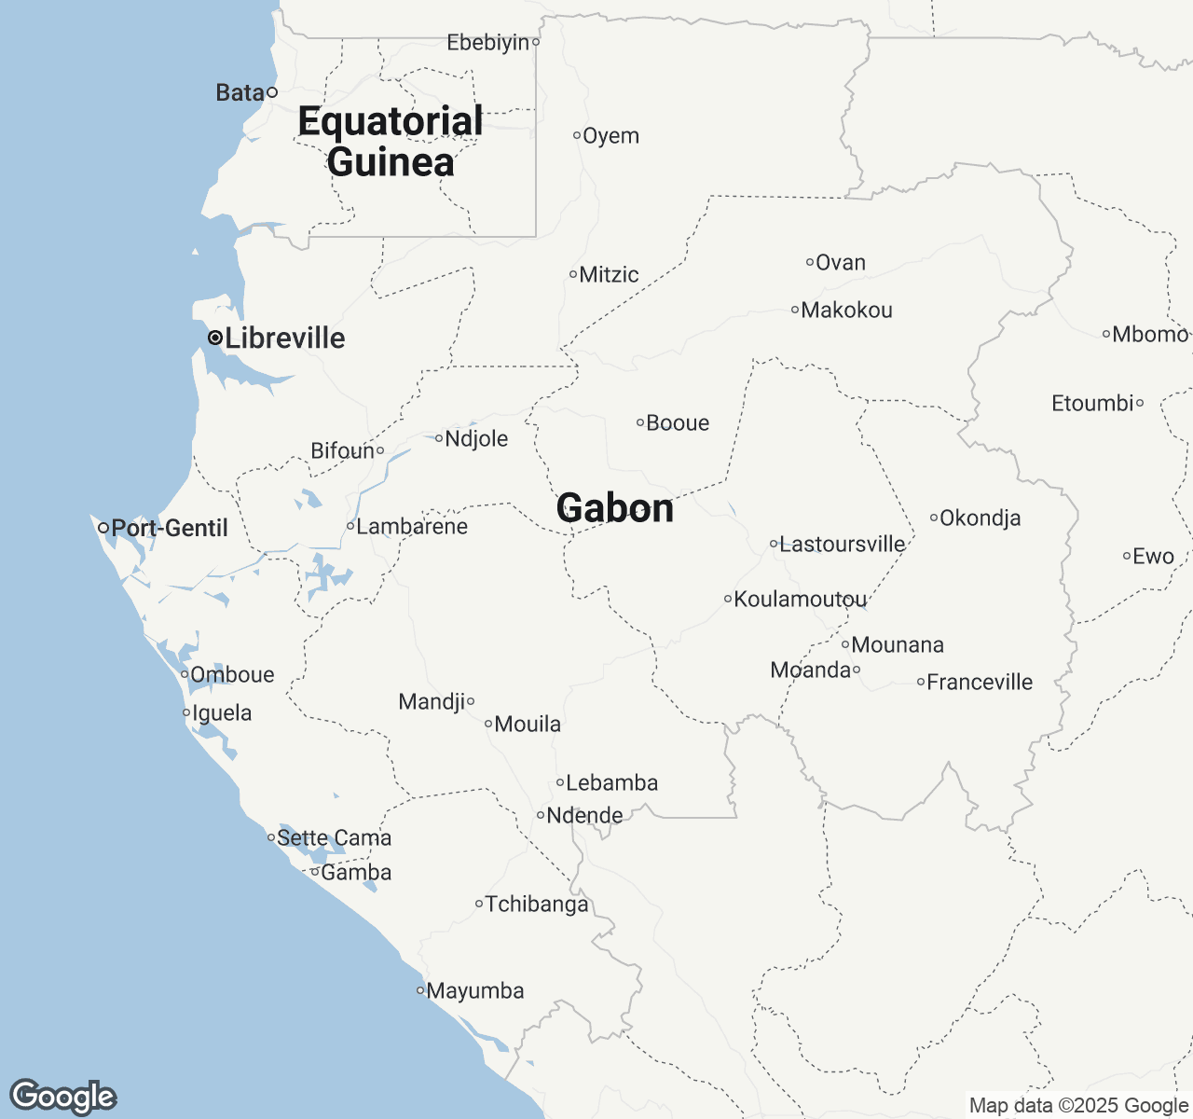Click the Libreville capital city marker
(x=215, y=338)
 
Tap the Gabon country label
(x=615, y=508)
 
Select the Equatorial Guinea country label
(x=391, y=142)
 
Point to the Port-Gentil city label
(x=170, y=528)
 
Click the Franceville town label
(x=980, y=682)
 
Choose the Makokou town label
(x=846, y=310)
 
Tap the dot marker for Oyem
(x=577, y=135)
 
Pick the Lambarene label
(x=412, y=526)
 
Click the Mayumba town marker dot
(x=420, y=990)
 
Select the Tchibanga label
(x=537, y=904)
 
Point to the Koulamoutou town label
(x=801, y=599)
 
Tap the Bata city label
(x=240, y=92)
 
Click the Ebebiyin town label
(x=488, y=42)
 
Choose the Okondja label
(x=980, y=518)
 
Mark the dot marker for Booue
(x=640, y=422)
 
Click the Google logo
(x=62, y=1097)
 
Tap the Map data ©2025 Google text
(x=1078, y=1106)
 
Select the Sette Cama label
(x=335, y=837)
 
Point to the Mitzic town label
(x=609, y=274)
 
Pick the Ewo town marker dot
(x=1127, y=556)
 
